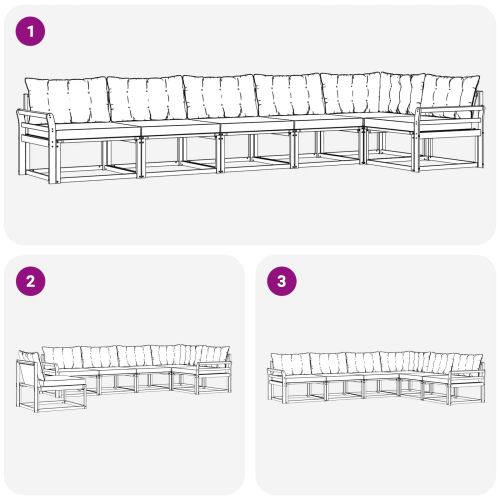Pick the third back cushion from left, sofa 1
pyautogui.click(x=219, y=97)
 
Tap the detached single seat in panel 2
pyautogui.click(x=50, y=385)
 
